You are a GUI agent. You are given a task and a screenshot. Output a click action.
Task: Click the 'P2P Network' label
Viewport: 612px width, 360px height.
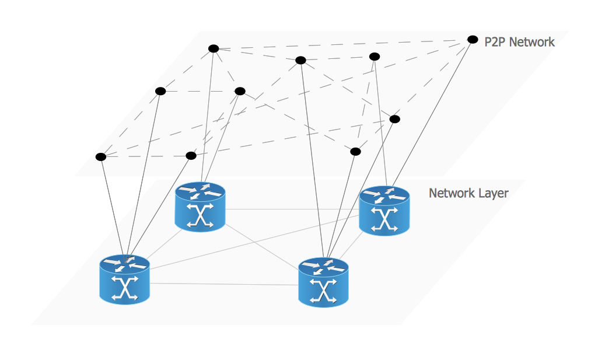click(x=519, y=42)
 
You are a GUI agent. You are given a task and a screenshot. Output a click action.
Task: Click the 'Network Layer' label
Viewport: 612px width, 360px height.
click(x=468, y=193)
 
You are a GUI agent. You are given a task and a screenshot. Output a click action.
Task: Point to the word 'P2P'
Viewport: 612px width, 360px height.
click(x=495, y=42)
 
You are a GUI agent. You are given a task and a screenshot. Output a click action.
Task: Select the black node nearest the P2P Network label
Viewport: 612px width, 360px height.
click(x=473, y=40)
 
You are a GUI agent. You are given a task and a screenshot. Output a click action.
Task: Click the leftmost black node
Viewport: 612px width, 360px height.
click(x=101, y=156)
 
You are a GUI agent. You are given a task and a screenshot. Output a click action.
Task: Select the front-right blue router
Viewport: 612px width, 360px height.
click(x=323, y=282)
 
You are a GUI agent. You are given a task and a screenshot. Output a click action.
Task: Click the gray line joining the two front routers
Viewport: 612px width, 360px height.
click(x=225, y=284)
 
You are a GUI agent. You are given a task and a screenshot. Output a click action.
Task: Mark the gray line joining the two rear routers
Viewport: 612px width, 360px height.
click(x=292, y=209)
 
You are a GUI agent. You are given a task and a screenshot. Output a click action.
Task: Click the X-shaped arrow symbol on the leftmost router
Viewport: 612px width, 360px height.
click(x=125, y=288)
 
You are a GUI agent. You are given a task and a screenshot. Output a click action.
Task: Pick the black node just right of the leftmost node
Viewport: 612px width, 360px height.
click(x=191, y=155)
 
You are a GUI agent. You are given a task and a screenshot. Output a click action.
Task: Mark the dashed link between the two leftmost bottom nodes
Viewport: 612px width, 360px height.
click(x=146, y=156)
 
